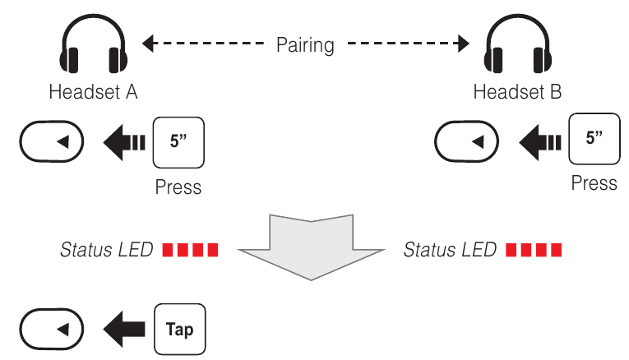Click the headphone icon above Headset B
516,48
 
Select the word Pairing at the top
305,44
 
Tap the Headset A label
93,92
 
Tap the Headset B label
517,92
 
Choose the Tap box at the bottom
179,330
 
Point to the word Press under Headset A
178,187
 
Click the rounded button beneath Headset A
51,143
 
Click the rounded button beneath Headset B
465,143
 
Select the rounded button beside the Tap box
51,330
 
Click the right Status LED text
450,250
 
